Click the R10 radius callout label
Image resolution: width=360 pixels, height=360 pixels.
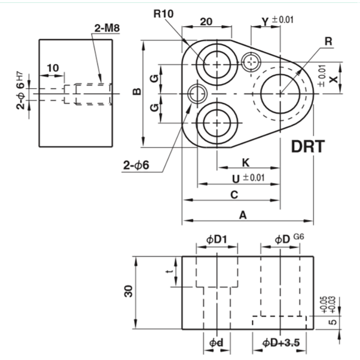pyautogui.click(x=163, y=14)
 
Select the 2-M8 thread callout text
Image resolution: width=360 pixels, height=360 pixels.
pyautogui.click(x=107, y=28)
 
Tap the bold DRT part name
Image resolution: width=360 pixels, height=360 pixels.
pyautogui.click(x=308, y=147)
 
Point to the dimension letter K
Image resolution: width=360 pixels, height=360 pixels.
pyautogui.click(x=246, y=162)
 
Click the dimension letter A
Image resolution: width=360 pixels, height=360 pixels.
pyautogui.click(x=243, y=216)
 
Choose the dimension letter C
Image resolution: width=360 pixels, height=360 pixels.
pyautogui.click(x=234, y=195)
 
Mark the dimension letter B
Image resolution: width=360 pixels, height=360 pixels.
pyautogui.click(x=137, y=92)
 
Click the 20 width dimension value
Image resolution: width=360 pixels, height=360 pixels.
pyautogui.click(x=206, y=22)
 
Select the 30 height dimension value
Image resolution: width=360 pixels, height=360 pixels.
pyautogui.click(x=129, y=291)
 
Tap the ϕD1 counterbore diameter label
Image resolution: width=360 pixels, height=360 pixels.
pyautogui.click(x=216, y=240)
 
